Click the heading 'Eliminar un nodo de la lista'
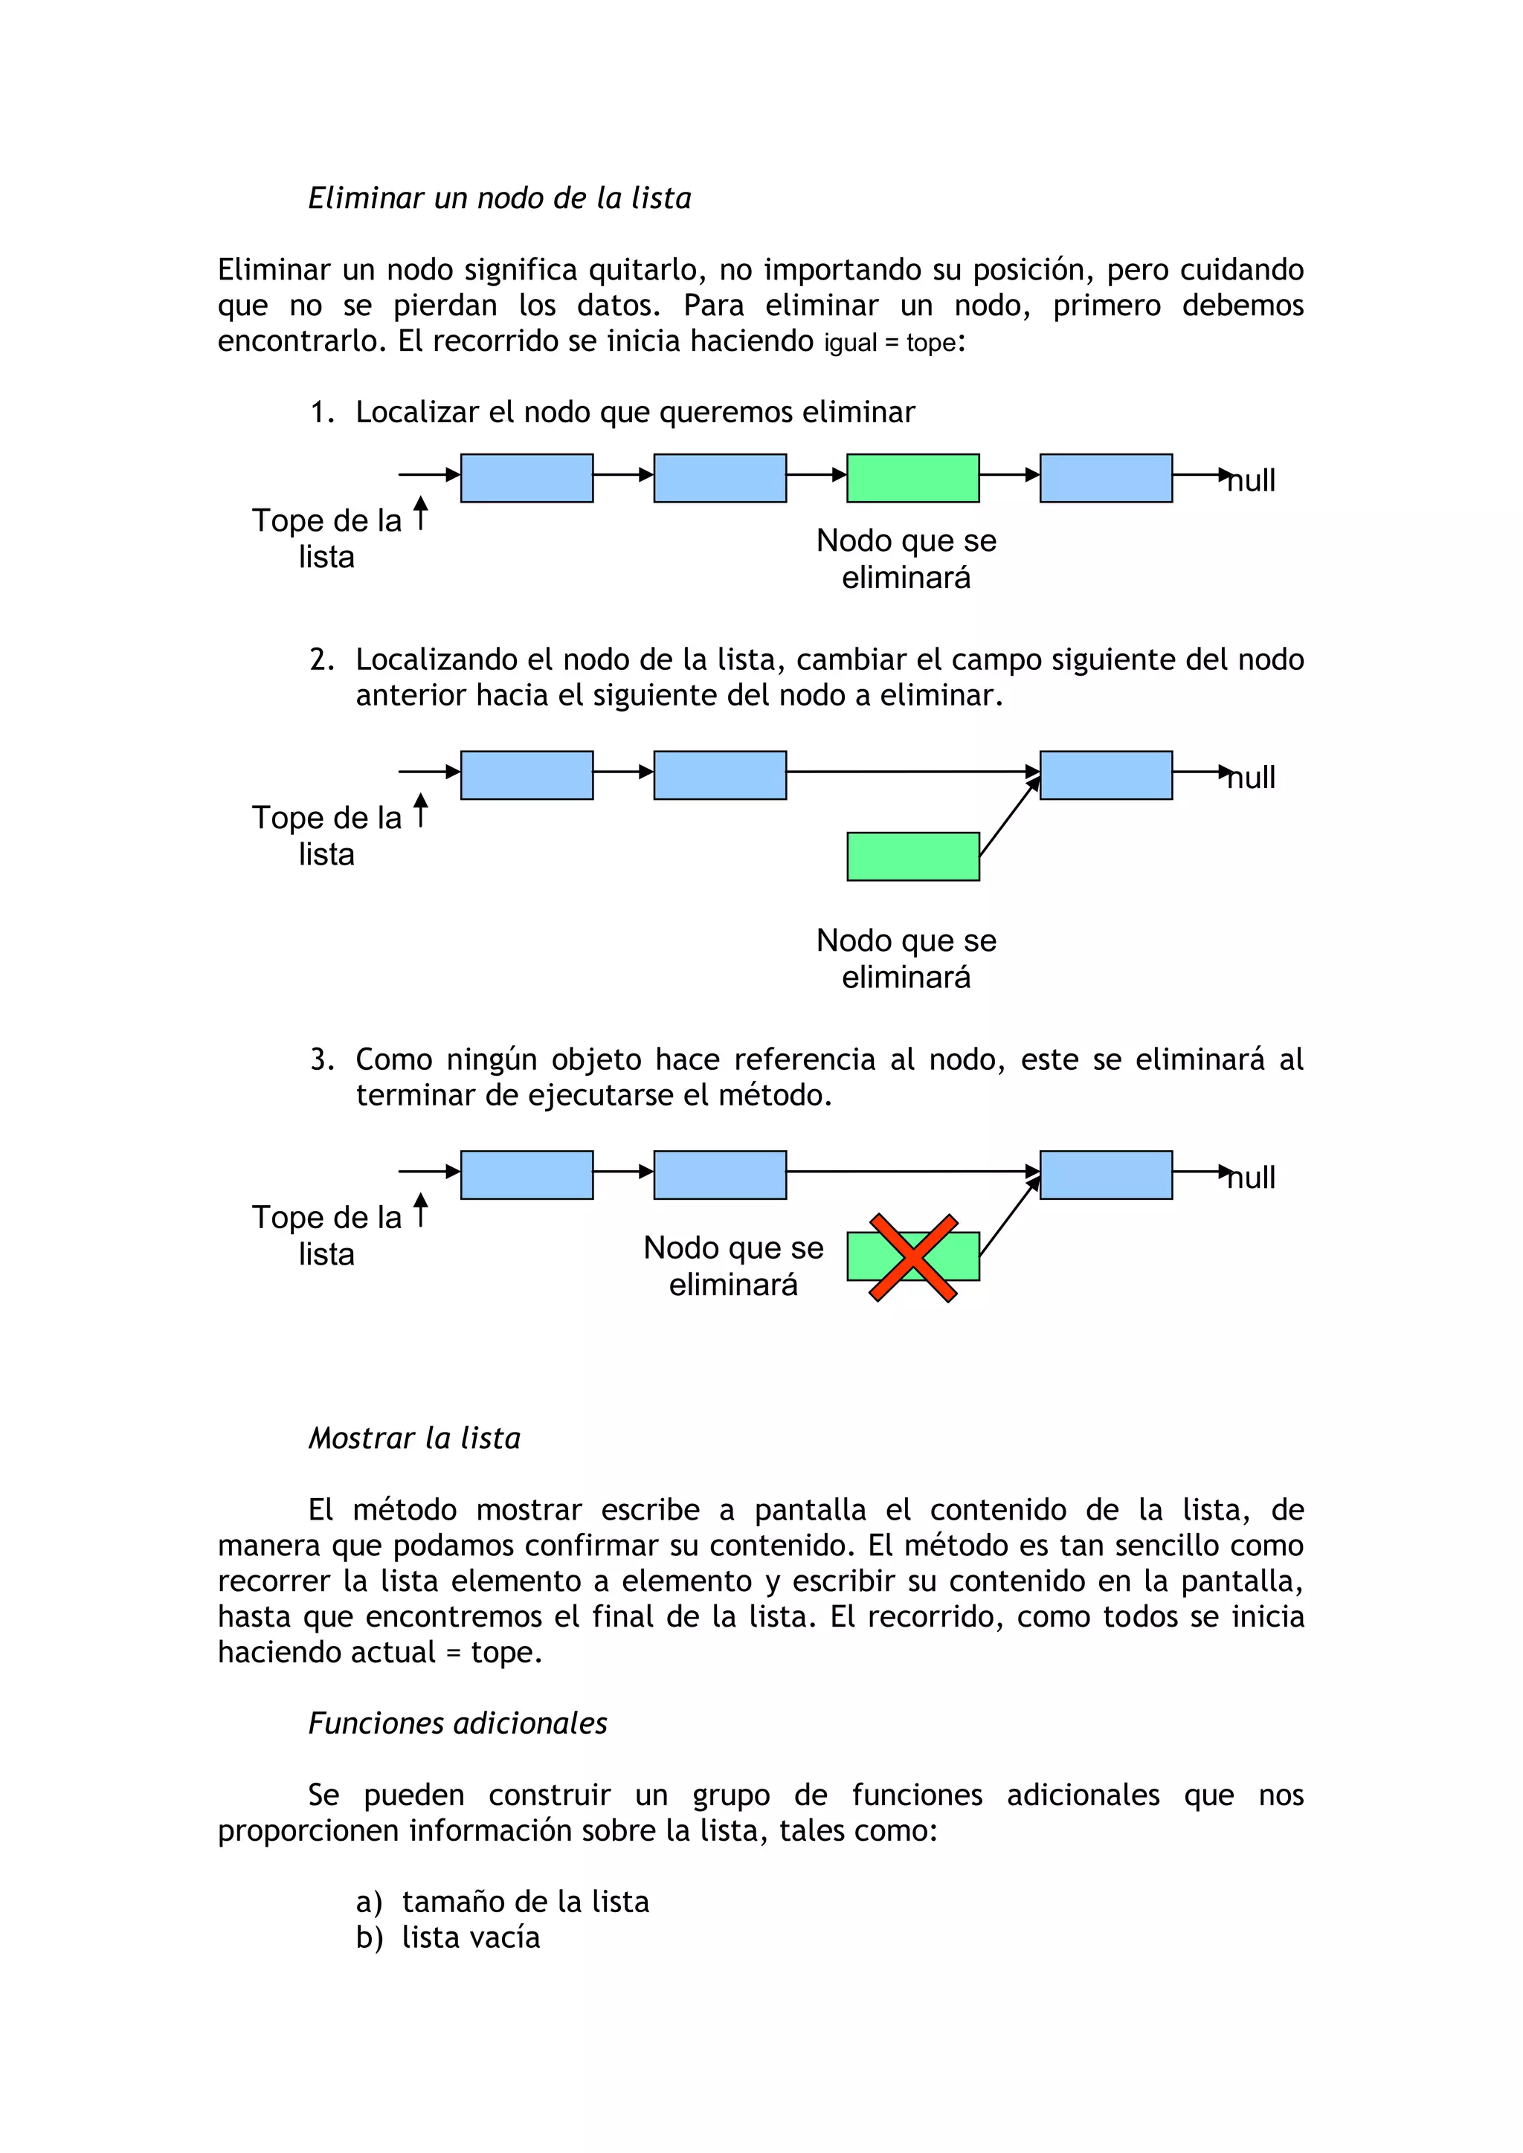[499, 198]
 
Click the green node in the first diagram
[912, 478]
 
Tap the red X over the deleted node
[912, 1257]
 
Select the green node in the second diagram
[912, 856]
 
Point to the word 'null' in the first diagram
[1252, 481]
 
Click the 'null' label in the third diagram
[1252, 1178]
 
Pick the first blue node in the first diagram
[526, 478]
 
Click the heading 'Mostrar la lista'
[413, 1438]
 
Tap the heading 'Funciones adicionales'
[457, 1723]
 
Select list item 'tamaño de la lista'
[525, 1901]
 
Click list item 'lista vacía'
[471, 1937]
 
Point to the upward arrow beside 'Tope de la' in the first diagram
[421, 513]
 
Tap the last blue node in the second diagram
[1106, 775]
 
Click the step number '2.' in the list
[322, 659]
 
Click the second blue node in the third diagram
[719, 1175]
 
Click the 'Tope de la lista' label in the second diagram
[326, 836]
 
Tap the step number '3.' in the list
[322, 1059]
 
